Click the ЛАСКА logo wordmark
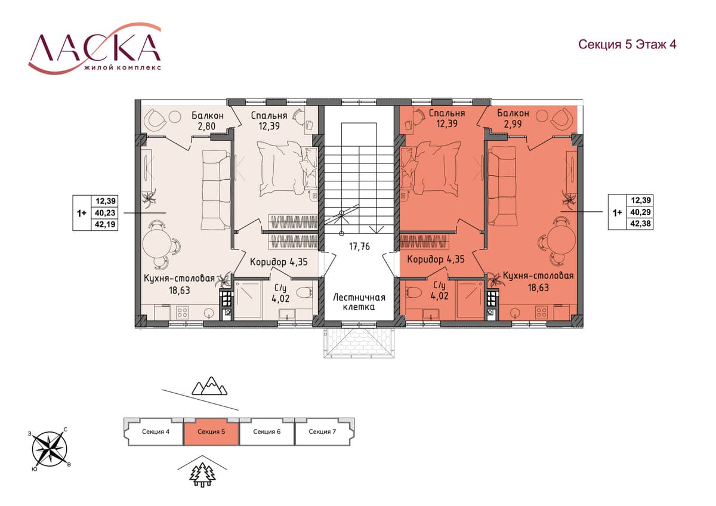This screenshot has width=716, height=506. coord(95,48)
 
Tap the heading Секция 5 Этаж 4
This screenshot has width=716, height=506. coord(627,44)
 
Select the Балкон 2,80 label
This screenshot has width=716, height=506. coord(208,121)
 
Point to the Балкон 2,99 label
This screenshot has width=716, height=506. coord(513,118)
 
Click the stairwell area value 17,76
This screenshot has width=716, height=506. coord(359,246)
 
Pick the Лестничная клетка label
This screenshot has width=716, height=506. coord(359,302)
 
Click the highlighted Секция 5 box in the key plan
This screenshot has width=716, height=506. coord(211,432)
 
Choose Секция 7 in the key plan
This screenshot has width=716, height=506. coord(322,432)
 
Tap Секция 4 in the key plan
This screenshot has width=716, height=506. coord(156,432)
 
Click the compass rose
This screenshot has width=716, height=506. coord(50,449)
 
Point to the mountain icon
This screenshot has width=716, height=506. coord(209,386)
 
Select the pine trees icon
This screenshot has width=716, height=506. coord(202,475)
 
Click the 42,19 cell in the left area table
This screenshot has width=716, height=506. coord(105,224)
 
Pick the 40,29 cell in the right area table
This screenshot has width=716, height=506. coord(640,212)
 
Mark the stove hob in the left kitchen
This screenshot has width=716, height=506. coord(182,312)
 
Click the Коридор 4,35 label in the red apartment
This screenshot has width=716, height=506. coord(436,258)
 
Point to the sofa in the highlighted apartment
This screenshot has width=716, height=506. coord(502,186)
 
